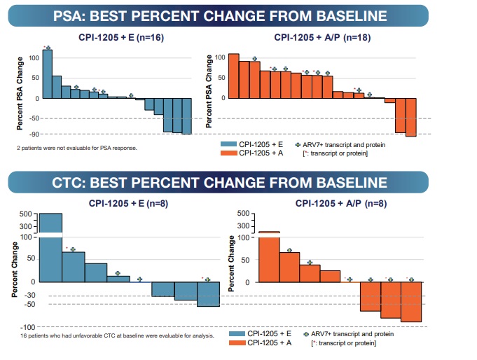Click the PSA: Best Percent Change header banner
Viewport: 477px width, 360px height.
click(x=238, y=15)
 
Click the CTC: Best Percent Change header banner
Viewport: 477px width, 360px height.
click(x=238, y=184)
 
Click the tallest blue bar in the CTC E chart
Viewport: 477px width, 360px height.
click(x=50, y=249)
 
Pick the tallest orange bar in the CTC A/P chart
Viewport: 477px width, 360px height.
click(x=270, y=257)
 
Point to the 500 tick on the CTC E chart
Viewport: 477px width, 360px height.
click(x=26, y=214)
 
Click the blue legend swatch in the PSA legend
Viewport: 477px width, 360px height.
click(x=228, y=144)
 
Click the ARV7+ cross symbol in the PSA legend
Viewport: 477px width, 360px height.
click(x=298, y=144)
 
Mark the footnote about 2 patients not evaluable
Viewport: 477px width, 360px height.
click(x=77, y=148)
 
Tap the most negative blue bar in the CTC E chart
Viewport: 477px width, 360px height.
click(x=208, y=294)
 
